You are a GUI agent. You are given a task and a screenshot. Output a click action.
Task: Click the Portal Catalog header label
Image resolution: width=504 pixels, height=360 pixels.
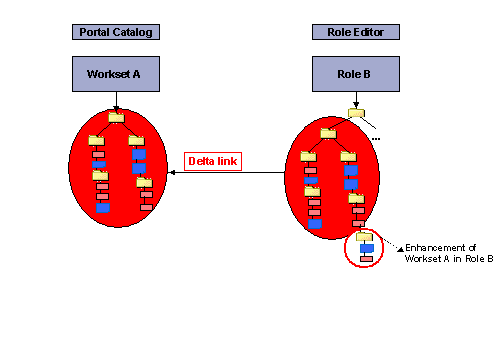pyautogui.click(x=116, y=32)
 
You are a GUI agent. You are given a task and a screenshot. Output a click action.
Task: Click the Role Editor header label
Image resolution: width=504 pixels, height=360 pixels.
pyautogui.click(x=355, y=32)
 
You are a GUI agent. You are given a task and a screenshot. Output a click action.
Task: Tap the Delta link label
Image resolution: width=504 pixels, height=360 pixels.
pyautogui.click(x=212, y=160)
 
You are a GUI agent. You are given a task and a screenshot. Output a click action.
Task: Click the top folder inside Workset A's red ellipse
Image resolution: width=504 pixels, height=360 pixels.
pyautogui.click(x=117, y=117)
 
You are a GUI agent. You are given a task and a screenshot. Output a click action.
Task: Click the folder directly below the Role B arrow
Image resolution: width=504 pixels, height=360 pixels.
pyautogui.click(x=355, y=112)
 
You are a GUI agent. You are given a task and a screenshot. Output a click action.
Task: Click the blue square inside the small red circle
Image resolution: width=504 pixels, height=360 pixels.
pyautogui.click(x=367, y=248)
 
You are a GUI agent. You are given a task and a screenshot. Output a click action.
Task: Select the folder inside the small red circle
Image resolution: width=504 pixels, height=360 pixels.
pyautogui.click(x=365, y=236)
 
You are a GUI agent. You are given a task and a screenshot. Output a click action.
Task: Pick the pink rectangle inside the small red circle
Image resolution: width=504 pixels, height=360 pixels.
pyautogui.click(x=366, y=260)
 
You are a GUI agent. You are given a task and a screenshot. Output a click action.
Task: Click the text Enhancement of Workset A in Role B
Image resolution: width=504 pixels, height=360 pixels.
pyautogui.click(x=448, y=253)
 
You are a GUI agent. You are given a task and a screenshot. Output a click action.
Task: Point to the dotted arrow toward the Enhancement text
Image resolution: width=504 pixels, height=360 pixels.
pyautogui.click(x=390, y=244)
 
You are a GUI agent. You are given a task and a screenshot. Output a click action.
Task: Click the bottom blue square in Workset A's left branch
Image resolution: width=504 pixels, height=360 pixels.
pyautogui.click(x=102, y=209)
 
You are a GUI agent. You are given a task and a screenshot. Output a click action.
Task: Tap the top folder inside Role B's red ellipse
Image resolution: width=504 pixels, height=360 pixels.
pyautogui.click(x=328, y=133)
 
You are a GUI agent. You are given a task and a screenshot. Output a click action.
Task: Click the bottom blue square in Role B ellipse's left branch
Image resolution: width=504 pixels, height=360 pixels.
pyautogui.click(x=314, y=224)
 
